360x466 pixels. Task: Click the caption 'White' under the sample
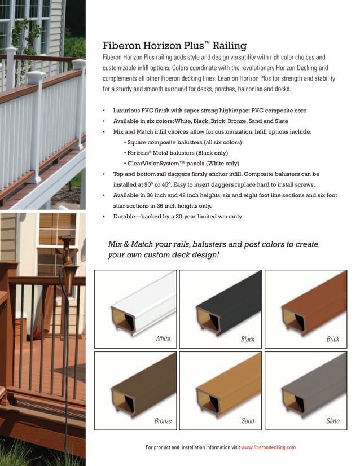[163, 339]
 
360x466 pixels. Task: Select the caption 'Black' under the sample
[248, 339]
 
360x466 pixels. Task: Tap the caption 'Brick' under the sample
[333, 339]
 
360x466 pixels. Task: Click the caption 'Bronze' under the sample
[163, 421]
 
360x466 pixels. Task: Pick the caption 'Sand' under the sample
[248, 421]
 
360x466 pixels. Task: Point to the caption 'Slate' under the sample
[333, 421]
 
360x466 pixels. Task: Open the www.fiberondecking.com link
[268, 447]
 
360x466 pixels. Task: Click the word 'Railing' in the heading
[228, 46]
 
